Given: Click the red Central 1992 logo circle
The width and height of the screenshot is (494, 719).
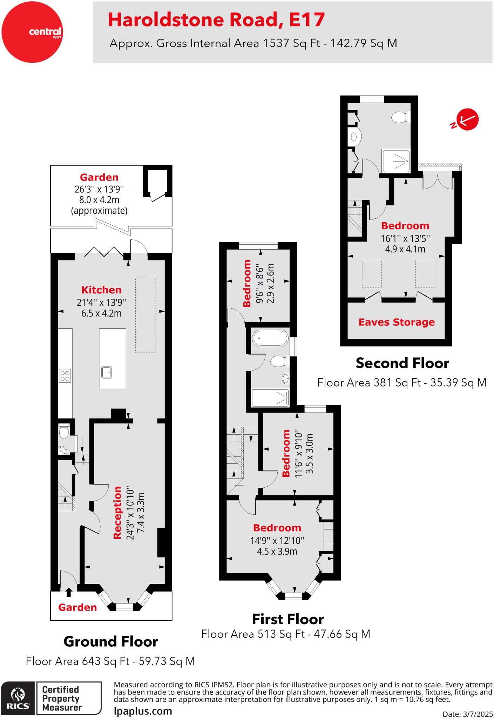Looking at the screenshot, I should click(x=32, y=32).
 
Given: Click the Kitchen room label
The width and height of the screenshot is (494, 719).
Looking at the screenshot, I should click(x=101, y=290).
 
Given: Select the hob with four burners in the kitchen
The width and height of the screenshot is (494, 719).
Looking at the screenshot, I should click(x=65, y=376).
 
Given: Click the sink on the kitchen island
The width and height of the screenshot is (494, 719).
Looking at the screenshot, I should click(x=106, y=372).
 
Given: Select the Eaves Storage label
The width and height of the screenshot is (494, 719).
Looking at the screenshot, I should click(x=396, y=322).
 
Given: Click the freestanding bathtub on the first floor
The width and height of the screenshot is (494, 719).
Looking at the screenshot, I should click(x=270, y=338).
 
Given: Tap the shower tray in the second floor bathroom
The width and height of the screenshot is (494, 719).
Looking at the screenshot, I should click(x=396, y=161).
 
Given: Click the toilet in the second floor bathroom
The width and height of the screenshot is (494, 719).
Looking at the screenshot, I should click(x=400, y=118).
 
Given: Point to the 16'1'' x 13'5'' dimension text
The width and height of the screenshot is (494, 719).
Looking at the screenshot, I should click(x=405, y=239).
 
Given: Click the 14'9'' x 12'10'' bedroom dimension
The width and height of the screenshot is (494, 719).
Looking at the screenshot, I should click(x=277, y=540).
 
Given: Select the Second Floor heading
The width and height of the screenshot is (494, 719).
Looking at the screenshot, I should click(x=402, y=363).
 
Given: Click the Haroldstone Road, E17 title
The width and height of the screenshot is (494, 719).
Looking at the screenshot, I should click(x=216, y=20).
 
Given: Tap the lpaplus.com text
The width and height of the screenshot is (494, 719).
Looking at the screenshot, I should click(x=143, y=711).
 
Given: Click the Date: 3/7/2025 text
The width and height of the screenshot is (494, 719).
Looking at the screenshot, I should click(x=467, y=714).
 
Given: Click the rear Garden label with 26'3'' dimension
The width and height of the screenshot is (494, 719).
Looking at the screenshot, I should click(x=99, y=177).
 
